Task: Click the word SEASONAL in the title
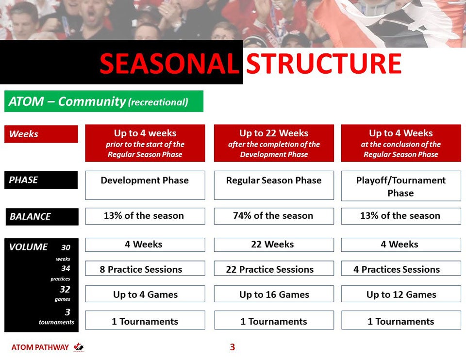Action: (x=169, y=64)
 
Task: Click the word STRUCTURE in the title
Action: (x=324, y=64)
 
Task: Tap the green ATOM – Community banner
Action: (x=104, y=101)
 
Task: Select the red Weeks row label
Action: (x=41, y=134)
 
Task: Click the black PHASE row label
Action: (x=41, y=180)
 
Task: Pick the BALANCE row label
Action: (x=42, y=216)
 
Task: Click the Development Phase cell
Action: (x=145, y=185)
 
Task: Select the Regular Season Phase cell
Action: (x=274, y=185)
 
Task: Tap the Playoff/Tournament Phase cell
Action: (x=401, y=186)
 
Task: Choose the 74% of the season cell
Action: (x=274, y=216)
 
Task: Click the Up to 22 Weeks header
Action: (x=274, y=143)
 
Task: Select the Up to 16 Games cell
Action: (x=274, y=294)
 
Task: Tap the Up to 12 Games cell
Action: (x=401, y=294)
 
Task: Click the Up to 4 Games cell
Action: (x=145, y=294)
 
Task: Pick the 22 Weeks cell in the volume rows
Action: (x=274, y=245)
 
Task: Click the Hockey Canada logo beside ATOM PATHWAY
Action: (x=79, y=347)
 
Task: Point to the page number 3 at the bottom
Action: (x=233, y=347)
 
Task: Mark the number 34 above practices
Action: (x=66, y=268)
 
